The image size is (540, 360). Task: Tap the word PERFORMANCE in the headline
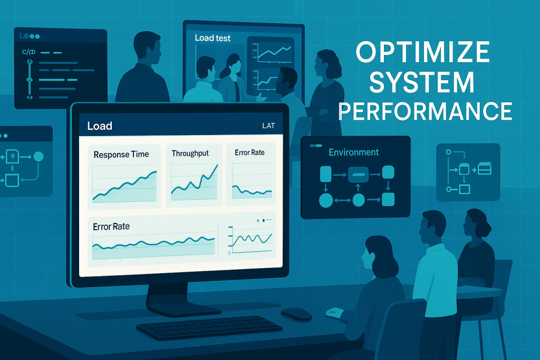(x=425, y=111)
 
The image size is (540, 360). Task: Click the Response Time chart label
(x=121, y=154)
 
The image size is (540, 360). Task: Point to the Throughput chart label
(x=190, y=153)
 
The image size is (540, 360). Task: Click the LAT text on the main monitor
(x=268, y=126)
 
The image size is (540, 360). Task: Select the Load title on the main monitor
(x=100, y=126)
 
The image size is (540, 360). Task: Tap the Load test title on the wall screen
(x=213, y=38)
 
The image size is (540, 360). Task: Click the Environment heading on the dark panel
(x=353, y=152)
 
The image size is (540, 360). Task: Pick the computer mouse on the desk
(x=296, y=314)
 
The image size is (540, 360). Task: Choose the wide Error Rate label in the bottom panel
(x=111, y=227)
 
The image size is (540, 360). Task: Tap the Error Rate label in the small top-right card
(x=249, y=153)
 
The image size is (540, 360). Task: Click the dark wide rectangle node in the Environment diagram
(x=359, y=173)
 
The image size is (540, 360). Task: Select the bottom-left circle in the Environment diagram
(x=325, y=200)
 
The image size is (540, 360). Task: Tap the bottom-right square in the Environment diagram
(x=388, y=199)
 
